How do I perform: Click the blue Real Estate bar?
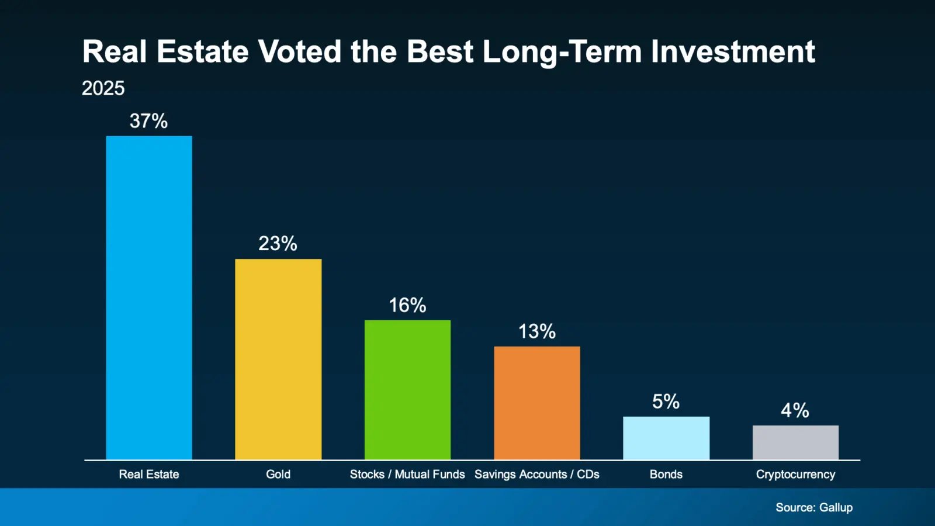click(x=149, y=298)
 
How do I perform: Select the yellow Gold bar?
click(x=278, y=359)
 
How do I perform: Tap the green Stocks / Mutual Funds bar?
click(x=407, y=390)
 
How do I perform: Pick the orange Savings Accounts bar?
click(x=537, y=403)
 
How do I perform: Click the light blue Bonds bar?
click(x=666, y=438)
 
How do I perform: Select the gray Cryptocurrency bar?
click(x=795, y=442)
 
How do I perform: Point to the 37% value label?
click(x=148, y=121)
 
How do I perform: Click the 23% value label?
click(x=278, y=243)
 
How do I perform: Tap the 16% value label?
click(x=407, y=305)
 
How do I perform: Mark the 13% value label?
click(x=537, y=331)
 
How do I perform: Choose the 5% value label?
click(x=666, y=402)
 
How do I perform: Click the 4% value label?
click(x=795, y=410)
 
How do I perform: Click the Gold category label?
click(x=278, y=475)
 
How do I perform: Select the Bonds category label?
click(x=666, y=475)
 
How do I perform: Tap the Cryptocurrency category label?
click(x=795, y=475)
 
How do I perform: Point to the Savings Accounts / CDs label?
click(x=537, y=475)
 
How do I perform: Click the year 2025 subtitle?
click(x=103, y=88)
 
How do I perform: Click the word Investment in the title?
click(x=733, y=51)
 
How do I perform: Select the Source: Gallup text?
click(x=814, y=507)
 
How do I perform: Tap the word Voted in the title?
click(x=300, y=51)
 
